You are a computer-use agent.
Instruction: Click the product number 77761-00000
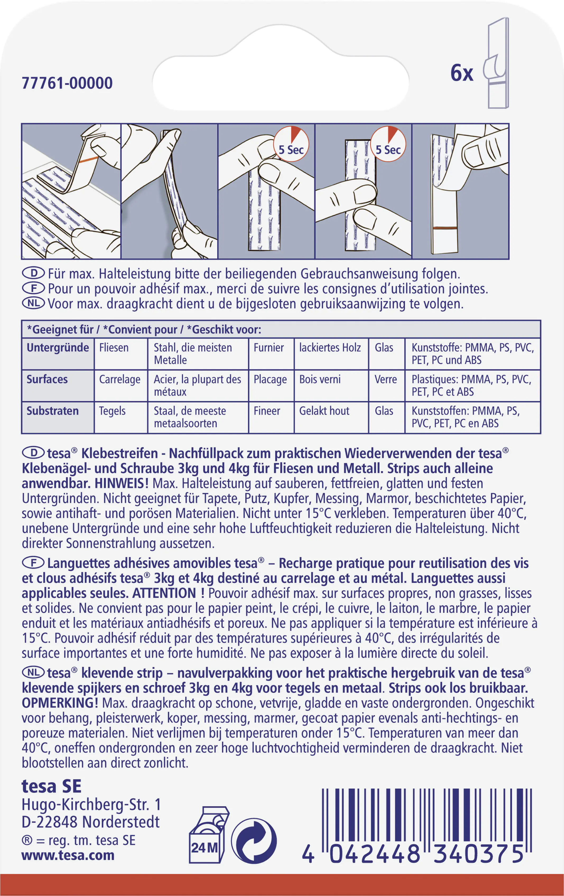click(67, 83)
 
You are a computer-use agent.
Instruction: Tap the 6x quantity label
click(462, 73)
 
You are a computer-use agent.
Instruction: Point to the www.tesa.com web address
click(68, 855)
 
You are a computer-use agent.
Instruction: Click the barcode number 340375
click(479, 854)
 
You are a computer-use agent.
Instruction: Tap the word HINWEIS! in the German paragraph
click(121, 483)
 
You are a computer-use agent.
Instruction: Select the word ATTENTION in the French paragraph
click(164, 593)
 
